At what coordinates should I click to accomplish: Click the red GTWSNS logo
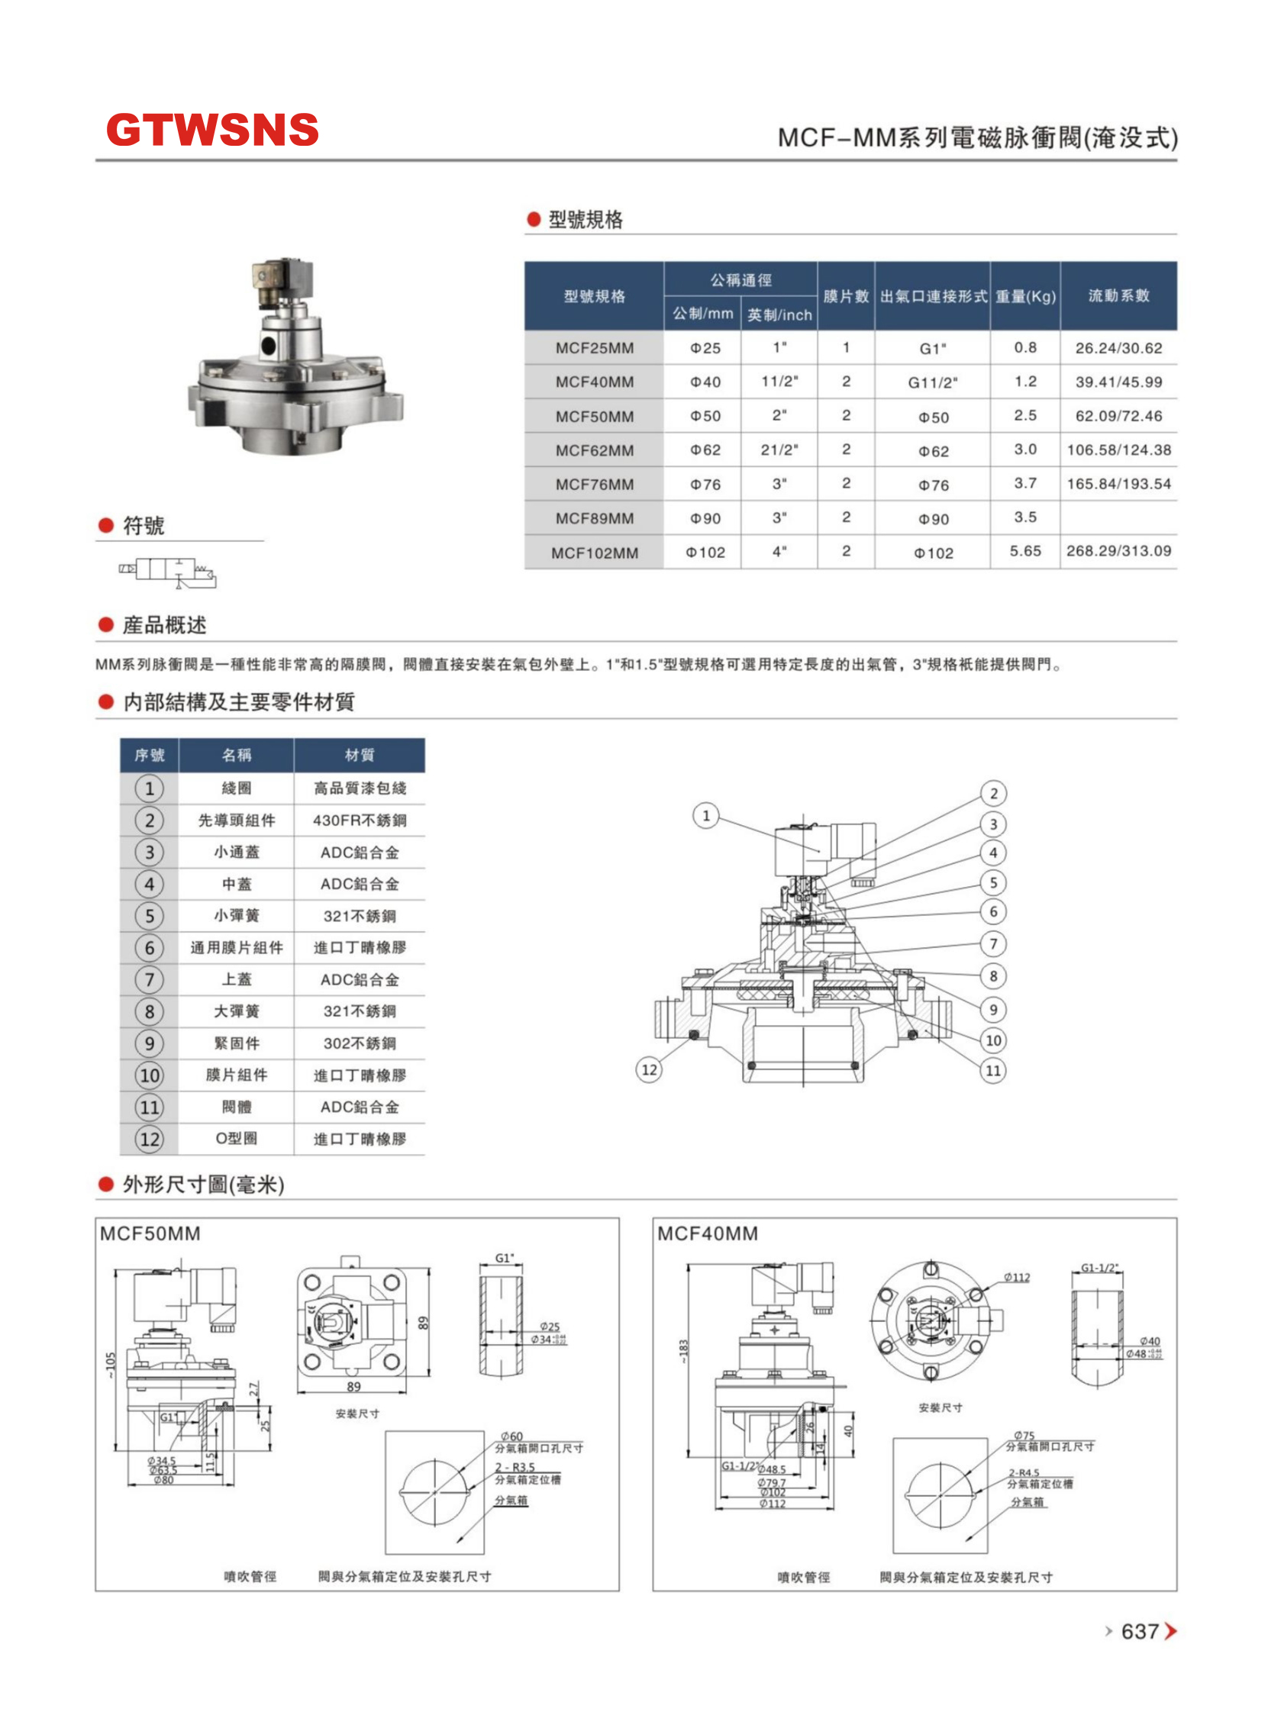tap(212, 130)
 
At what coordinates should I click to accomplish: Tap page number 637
tap(1139, 1630)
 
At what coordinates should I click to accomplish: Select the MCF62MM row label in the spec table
tap(594, 450)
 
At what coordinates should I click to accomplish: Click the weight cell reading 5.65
tap(1024, 551)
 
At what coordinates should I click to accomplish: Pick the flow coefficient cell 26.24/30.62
tap(1118, 347)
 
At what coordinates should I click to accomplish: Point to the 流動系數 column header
tap(1118, 295)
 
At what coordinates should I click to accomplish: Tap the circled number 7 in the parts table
tap(150, 979)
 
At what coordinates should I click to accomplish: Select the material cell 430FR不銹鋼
tap(360, 821)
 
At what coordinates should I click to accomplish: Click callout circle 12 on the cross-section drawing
tap(650, 1069)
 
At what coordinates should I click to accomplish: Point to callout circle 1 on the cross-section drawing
tap(706, 815)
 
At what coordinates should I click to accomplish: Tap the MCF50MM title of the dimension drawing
tap(150, 1234)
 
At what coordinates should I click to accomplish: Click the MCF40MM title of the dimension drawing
tap(707, 1234)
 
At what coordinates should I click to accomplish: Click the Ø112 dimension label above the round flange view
tap(1016, 1278)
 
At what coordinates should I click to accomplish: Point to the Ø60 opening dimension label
tap(511, 1436)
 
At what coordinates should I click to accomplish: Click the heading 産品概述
tap(164, 625)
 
